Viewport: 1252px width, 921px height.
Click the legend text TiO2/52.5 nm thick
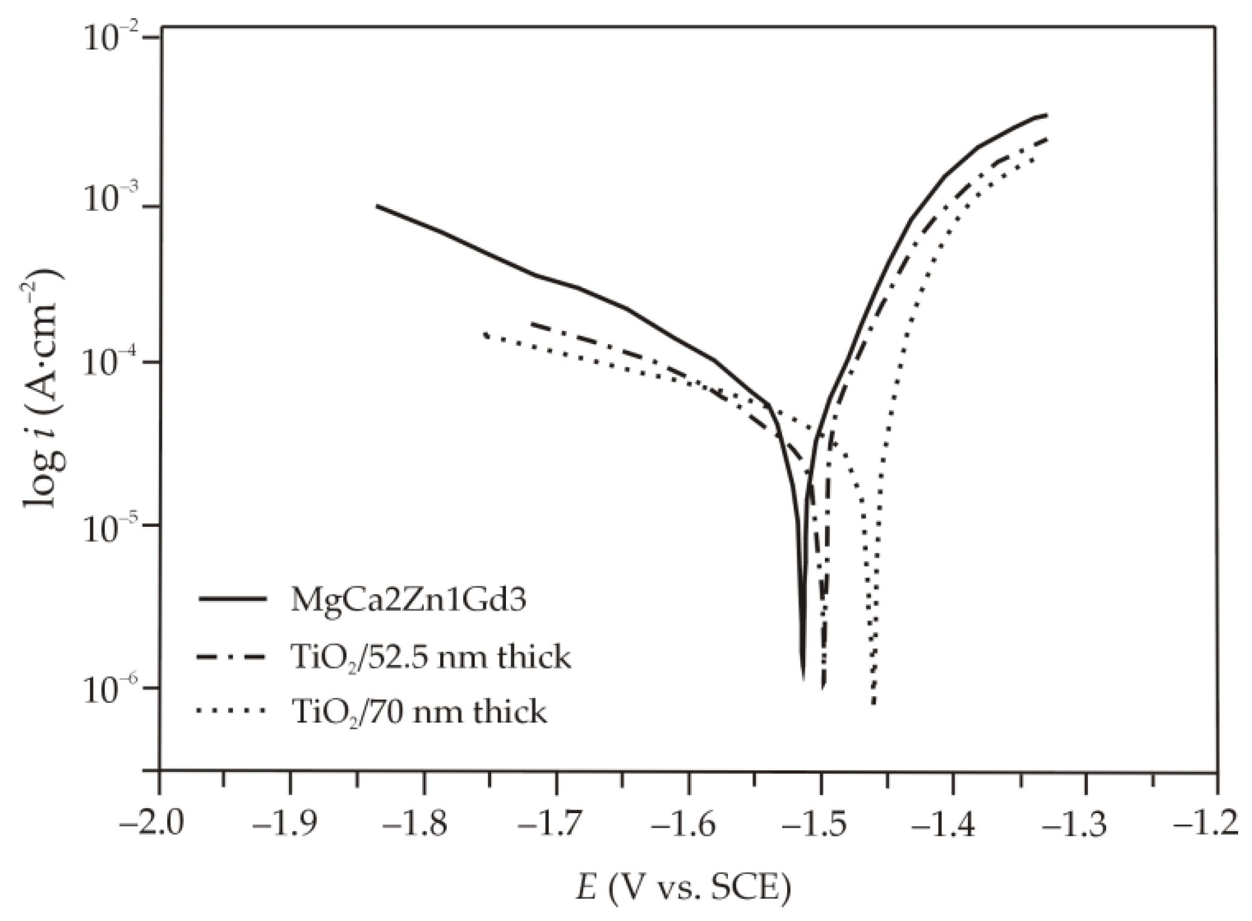pos(430,656)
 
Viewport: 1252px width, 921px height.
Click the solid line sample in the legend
pos(232,599)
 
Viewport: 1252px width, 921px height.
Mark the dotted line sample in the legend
pos(232,712)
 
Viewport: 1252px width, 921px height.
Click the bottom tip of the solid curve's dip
pos(803,679)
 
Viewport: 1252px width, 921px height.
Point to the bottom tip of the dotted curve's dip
pos(873,703)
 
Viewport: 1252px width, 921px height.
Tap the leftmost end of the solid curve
pos(376,206)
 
